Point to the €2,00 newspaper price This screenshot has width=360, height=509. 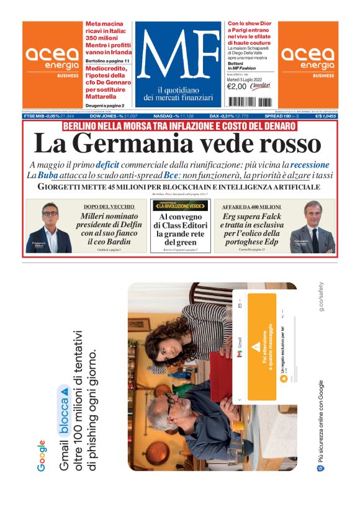237,86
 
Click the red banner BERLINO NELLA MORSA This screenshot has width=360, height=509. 180,126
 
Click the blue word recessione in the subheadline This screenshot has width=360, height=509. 310,165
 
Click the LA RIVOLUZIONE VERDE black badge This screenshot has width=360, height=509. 181,205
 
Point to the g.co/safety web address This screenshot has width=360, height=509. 322,297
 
